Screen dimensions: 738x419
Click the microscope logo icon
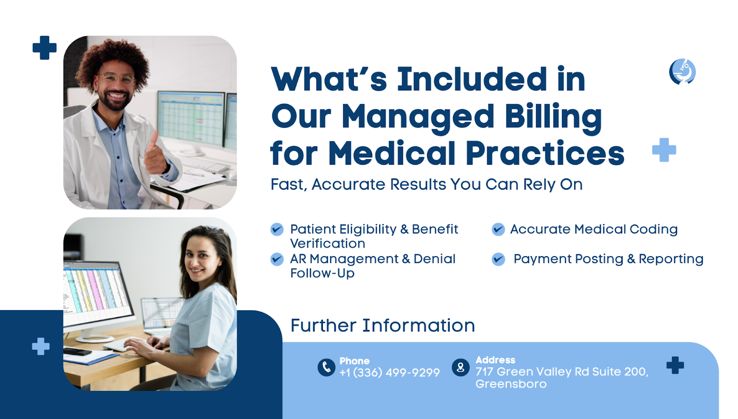(682, 72)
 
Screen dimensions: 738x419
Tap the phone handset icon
(326, 367)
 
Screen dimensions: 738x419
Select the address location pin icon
(461, 367)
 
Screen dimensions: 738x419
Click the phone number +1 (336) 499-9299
(389, 372)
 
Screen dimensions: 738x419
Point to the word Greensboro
(511, 384)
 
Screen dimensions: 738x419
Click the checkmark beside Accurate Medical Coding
(498, 229)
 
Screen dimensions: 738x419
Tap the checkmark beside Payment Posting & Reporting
(498, 259)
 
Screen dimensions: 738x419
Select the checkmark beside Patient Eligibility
(277, 229)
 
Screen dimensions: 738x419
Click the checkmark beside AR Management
(277, 259)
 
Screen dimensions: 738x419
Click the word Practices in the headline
(545, 153)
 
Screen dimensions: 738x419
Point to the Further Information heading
(382, 326)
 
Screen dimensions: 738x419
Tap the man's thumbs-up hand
(156, 155)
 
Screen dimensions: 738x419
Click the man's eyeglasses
(118, 78)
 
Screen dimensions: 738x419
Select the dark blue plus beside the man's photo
(44, 48)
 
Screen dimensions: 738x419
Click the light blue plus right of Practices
(664, 150)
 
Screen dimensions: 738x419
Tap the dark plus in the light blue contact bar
(675, 365)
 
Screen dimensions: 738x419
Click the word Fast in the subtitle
(289, 184)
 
